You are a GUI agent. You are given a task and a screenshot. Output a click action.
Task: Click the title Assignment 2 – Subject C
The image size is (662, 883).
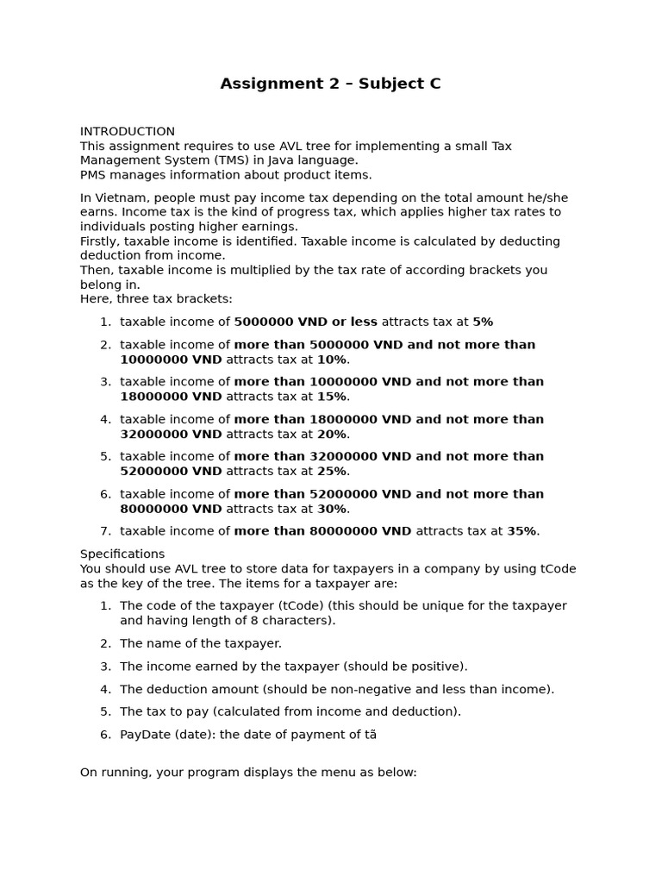[330, 84]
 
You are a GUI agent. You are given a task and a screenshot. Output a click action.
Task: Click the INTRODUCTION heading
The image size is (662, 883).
[128, 132]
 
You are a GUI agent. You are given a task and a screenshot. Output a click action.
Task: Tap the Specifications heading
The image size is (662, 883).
[122, 554]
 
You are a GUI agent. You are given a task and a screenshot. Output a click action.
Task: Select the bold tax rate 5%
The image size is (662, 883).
[483, 322]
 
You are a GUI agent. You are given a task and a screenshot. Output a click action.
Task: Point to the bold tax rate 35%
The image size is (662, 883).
[522, 531]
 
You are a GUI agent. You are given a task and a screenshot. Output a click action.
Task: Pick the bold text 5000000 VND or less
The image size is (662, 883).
[305, 322]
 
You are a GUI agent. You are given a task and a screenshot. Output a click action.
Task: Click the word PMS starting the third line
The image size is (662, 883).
[94, 175]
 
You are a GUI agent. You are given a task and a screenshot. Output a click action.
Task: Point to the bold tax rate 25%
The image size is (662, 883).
[332, 472]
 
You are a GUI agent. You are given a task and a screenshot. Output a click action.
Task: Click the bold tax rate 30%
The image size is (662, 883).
[332, 509]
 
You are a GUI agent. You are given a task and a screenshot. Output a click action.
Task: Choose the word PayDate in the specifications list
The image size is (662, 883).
[145, 735]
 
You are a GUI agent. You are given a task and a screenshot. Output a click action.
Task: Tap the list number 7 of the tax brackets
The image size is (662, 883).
[105, 531]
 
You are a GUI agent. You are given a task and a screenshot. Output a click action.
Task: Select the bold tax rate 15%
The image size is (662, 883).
[332, 397]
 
